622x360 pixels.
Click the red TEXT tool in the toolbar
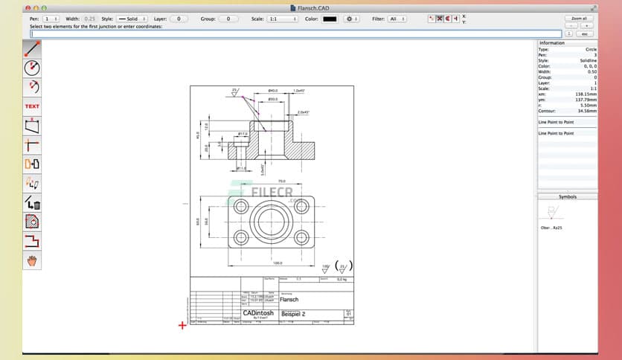[x=32, y=106]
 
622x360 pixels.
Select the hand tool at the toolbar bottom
[x=32, y=260]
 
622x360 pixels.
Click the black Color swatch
[x=329, y=19]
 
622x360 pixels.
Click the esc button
[x=585, y=33]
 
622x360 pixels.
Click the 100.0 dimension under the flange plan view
[x=278, y=263]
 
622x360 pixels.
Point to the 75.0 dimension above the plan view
[x=281, y=181]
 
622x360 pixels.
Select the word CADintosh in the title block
[x=258, y=313]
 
